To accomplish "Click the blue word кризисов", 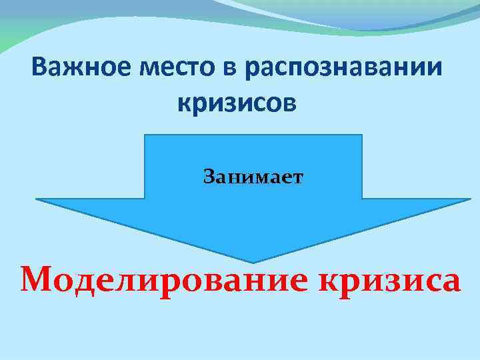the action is pos(236,103).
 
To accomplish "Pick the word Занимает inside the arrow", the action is pos(253,177).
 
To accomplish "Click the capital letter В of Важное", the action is pos(38,68).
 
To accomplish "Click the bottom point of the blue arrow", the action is pos(253,262).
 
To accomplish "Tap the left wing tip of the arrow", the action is pos(36,199).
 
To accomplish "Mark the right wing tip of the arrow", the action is pos(471,199).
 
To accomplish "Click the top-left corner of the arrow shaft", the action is pos(145,135).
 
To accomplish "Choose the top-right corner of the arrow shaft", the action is pos(362,135).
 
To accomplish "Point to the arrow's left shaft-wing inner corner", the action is pos(145,199).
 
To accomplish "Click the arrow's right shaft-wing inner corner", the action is pos(362,199).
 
